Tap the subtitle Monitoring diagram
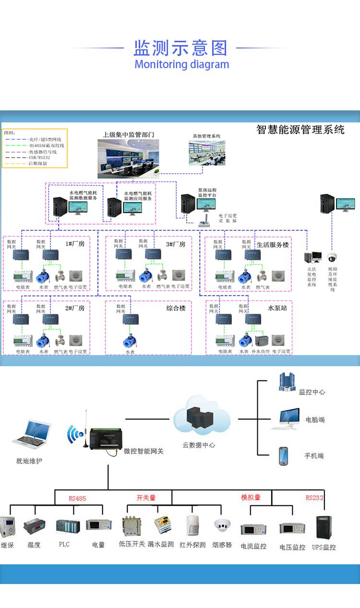pos(181,64)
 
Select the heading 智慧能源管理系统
pos(300,130)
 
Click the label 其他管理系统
pos(206,136)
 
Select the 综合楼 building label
pos(176,308)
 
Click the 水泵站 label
pos(277,308)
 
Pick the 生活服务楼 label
pos(273,244)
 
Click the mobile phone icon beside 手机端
pos(283,456)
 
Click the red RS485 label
pos(77,499)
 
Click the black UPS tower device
pos(324,527)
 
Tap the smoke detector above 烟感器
pos(222,524)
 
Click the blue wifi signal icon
pos(75,434)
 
